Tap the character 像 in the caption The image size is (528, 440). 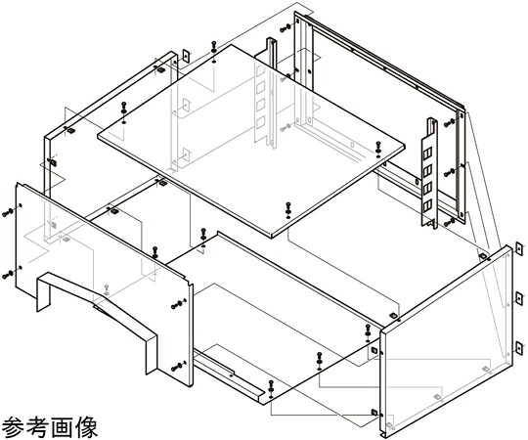point(86,427)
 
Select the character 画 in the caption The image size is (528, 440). point(62,427)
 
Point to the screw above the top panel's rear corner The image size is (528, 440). point(214,47)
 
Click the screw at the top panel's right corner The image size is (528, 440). point(378,148)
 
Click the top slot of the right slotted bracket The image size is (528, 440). point(427,154)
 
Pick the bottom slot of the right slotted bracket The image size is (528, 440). point(427,205)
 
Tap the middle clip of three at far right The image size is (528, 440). point(519,298)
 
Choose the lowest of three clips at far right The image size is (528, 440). point(519,348)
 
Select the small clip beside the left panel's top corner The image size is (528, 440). point(186,56)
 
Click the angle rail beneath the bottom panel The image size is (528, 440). point(228,374)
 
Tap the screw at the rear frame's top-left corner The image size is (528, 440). point(286,28)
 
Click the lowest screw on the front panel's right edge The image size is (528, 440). point(178,367)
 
